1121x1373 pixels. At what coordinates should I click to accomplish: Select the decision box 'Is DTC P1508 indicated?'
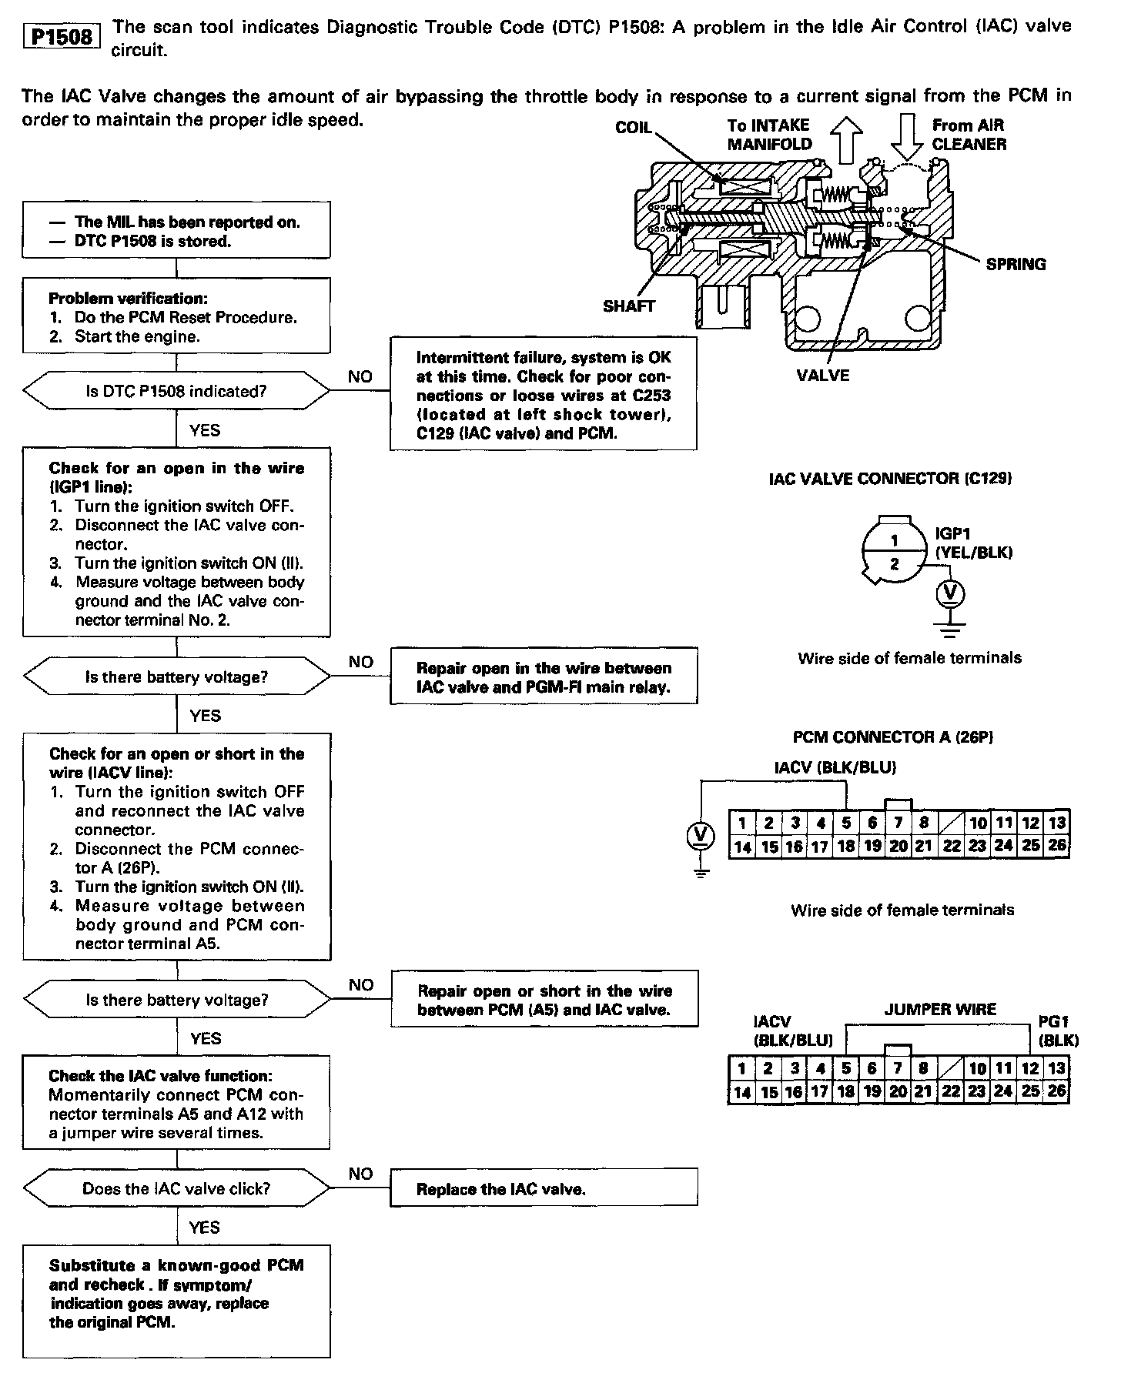[x=176, y=391]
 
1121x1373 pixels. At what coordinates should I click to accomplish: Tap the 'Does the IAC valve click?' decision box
[x=176, y=1188]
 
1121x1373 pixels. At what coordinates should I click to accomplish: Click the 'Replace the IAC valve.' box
[x=544, y=1189]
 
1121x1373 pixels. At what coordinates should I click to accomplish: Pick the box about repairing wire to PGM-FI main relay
[x=544, y=677]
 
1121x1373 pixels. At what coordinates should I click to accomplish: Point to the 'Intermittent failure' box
[x=544, y=395]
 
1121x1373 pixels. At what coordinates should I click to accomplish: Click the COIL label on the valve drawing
[x=633, y=127]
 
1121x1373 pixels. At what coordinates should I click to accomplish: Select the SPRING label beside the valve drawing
[x=1016, y=264]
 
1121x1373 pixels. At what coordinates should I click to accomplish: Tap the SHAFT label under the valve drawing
[x=628, y=306]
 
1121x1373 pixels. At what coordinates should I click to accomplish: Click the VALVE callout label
[x=823, y=376]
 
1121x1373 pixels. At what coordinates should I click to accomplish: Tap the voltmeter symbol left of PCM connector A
[x=700, y=834]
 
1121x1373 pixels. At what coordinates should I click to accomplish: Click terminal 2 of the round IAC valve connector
[x=894, y=564]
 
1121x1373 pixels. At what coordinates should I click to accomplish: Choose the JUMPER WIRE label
[x=939, y=1009]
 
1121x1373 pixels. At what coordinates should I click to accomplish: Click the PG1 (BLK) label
[x=1058, y=1031]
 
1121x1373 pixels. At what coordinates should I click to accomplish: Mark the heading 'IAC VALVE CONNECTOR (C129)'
[x=890, y=478]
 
